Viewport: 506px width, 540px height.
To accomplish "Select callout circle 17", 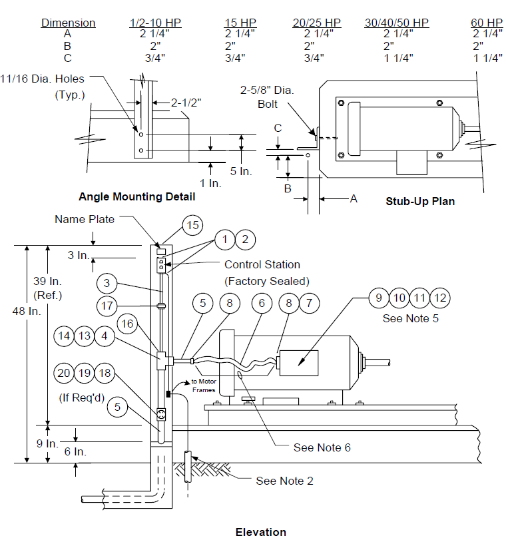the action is click(x=107, y=306).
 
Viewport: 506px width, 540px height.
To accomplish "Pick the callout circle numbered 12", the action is click(x=440, y=298).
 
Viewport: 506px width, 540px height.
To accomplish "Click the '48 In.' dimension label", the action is click(x=27, y=312).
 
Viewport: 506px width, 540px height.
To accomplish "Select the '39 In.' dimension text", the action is click(x=47, y=281).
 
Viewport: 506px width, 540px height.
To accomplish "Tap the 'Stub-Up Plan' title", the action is click(x=420, y=202).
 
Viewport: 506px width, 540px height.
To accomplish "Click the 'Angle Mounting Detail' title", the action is click(x=136, y=196).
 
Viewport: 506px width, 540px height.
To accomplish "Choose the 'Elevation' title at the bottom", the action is click(x=261, y=532).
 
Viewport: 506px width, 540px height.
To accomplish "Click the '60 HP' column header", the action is click(x=487, y=23).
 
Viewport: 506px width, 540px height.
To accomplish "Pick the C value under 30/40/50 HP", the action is click(x=399, y=58).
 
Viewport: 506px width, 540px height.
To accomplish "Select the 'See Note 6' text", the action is click(x=322, y=447).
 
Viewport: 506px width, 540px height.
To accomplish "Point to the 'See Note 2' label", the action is click(x=284, y=481).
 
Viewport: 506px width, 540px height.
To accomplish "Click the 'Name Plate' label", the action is click(x=85, y=219).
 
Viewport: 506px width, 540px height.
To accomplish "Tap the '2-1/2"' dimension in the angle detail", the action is click(x=186, y=103).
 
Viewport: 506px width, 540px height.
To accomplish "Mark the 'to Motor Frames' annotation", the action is click(x=204, y=386).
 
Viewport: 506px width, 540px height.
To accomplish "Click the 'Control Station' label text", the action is click(x=262, y=264).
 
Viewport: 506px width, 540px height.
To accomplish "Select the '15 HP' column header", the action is click(x=240, y=23).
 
